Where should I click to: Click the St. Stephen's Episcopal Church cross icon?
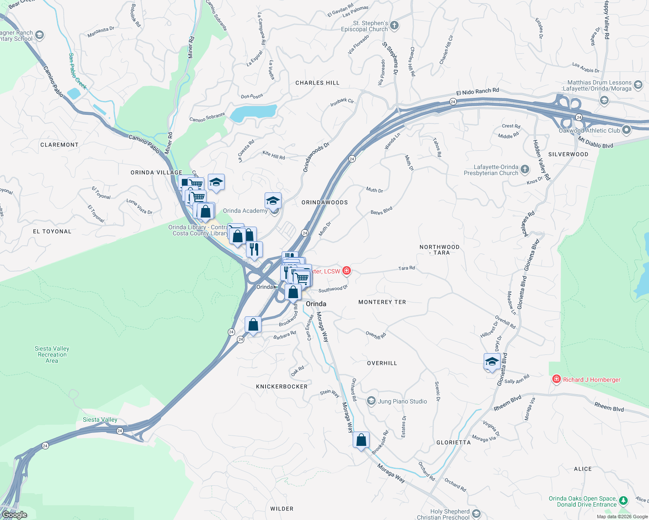[x=394, y=26]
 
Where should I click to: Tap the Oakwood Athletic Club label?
[x=589, y=130]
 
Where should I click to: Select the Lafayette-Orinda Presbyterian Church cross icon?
[x=525, y=169]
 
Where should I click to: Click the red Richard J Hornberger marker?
[x=556, y=379]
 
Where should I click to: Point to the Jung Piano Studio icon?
[x=371, y=401]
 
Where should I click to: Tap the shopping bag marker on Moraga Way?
[x=361, y=440]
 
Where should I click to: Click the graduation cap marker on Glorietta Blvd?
[x=492, y=361]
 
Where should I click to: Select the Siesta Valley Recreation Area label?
[x=52, y=354]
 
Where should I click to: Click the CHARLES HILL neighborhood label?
[x=317, y=83]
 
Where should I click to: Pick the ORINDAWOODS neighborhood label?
[x=324, y=202]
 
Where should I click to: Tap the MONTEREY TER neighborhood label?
[x=382, y=302]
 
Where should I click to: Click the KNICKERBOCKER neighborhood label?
[x=282, y=387]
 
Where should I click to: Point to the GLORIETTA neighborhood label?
[x=453, y=442]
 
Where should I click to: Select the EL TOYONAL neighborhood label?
[x=52, y=231]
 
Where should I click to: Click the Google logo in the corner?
[x=15, y=515]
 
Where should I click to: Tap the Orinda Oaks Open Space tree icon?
[x=623, y=501]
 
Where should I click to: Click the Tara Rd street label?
[x=406, y=268]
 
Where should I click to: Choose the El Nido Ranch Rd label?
[x=477, y=91]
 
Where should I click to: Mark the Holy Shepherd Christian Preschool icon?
[x=476, y=514]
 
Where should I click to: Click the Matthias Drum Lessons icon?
[x=638, y=84]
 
